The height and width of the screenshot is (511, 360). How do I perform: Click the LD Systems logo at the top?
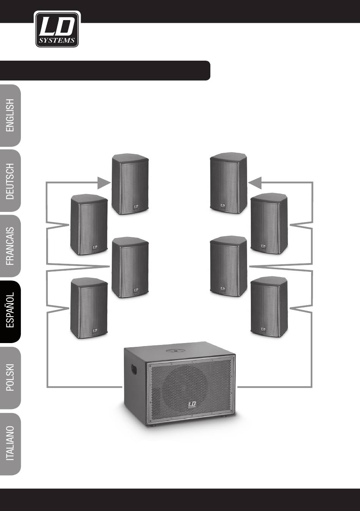57,29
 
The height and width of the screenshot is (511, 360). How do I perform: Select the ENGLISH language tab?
10,115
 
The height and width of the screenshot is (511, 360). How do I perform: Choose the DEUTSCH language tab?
10,181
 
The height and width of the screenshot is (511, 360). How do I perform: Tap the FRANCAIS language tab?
10,247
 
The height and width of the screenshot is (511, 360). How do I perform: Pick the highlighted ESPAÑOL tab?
10,312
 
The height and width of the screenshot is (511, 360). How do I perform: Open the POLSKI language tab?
10,378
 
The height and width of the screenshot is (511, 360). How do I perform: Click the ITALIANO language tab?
10,443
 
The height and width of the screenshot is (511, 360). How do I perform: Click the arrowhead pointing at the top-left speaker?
103,183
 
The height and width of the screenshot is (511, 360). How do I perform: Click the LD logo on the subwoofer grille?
193,406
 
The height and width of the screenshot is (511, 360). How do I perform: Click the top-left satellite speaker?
130,184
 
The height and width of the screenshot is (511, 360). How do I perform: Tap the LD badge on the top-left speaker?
136,207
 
